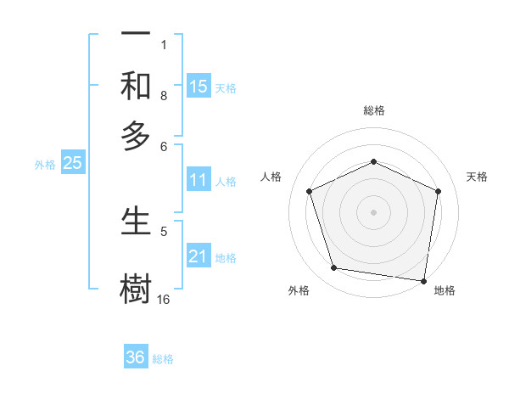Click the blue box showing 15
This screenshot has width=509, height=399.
click(199, 86)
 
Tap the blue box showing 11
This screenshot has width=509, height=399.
click(199, 180)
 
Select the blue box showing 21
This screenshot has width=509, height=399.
click(199, 256)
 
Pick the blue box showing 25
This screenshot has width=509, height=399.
click(72, 164)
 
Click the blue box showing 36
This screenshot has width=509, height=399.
click(136, 357)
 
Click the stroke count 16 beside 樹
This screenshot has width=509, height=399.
click(164, 300)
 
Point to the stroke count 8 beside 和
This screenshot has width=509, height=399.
click(164, 96)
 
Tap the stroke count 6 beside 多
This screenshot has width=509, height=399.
click(164, 146)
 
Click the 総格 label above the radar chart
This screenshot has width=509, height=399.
click(373, 110)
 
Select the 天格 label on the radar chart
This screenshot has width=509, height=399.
click(477, 177)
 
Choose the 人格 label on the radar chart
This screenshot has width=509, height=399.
click(271, 177)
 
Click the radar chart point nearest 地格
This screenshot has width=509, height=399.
click(424, 280)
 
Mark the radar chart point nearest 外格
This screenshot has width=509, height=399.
click(334, 268)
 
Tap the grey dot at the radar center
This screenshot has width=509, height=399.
click(373, 211)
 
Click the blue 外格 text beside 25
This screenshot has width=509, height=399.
click(45, 165)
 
